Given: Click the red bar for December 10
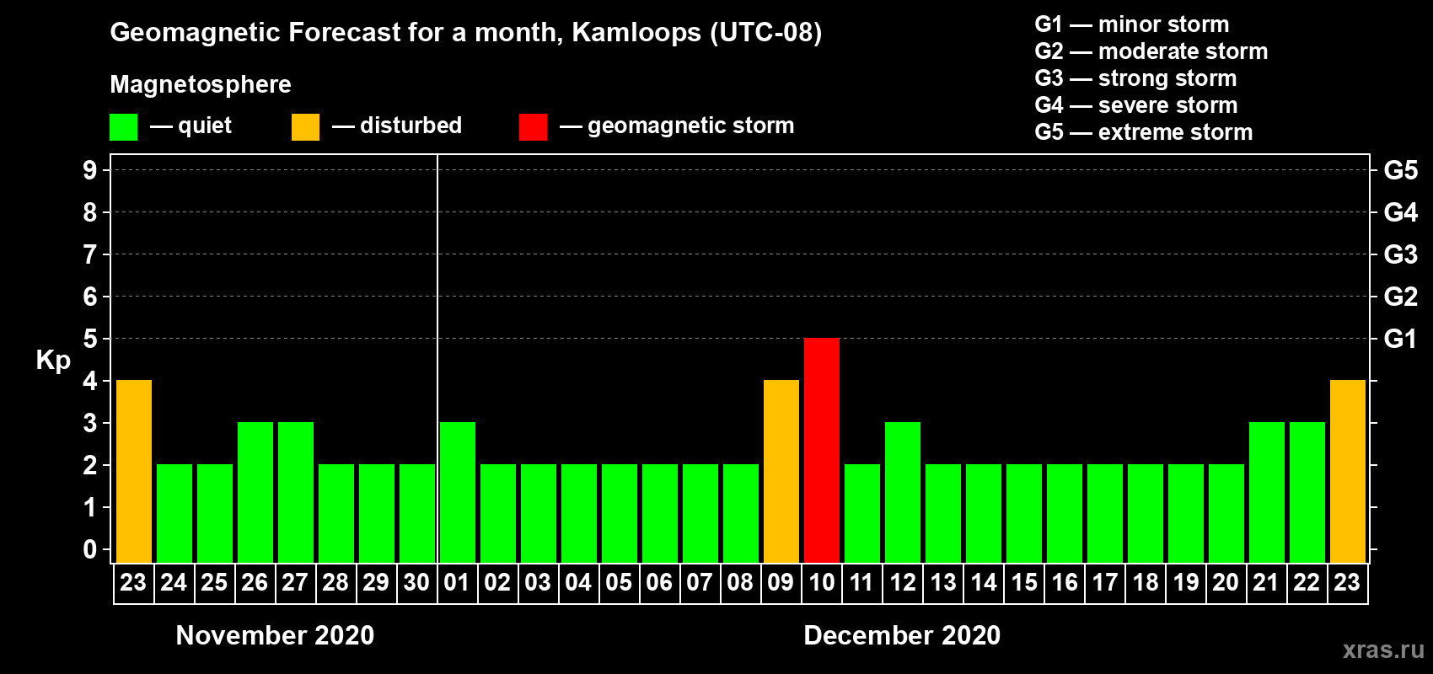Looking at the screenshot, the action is [x=821, y=450].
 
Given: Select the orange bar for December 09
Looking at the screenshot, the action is [x=781, y=471].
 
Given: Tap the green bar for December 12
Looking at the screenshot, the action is [x=903, y=492].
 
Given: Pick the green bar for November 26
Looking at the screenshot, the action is [x=255, y=492].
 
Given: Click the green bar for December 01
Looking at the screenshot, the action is [x=458, y=492].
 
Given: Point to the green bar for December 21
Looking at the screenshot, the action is [x=1267, y=492].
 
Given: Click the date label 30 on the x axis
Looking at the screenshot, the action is [x=416, y=582].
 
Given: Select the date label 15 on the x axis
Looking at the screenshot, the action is [x=1023, y=582].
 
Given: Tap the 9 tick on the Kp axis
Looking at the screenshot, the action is [x=89, y=170].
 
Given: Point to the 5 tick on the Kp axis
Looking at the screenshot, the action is [x=89, y=339].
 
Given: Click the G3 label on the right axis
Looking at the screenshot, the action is [x=1400, y=254].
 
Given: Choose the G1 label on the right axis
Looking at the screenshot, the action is [x=1400, y=339].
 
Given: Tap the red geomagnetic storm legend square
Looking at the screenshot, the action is [x=533, y=126].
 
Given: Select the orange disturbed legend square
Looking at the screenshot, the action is [x=305, y=126].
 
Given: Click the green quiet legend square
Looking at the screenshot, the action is [x=123, y=126].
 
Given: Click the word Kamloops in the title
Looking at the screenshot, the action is [x=636, y=33].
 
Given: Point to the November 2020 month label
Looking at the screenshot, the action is [x=275, y=635].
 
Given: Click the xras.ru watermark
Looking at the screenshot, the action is [x=1383, y=650].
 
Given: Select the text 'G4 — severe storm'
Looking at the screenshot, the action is [x=1136, y=104].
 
